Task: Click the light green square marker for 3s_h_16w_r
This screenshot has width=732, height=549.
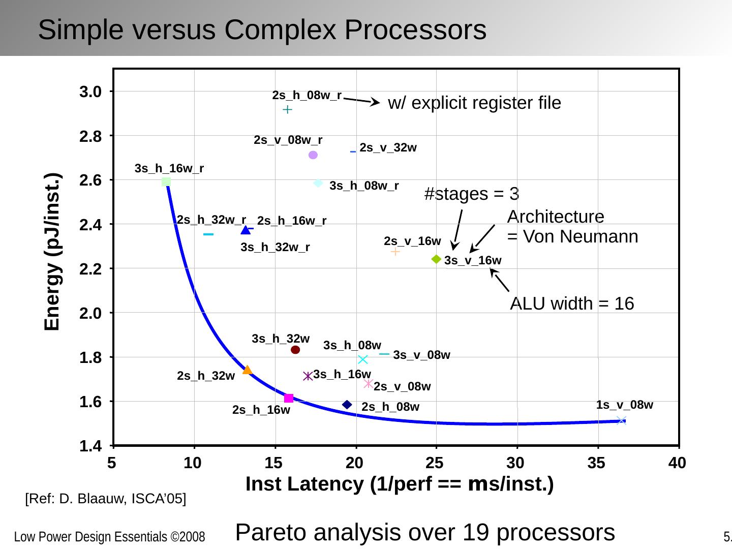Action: point(166,181)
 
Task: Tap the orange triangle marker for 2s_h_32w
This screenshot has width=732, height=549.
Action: point(247,370)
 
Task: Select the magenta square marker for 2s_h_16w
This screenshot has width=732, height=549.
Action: point(289,398)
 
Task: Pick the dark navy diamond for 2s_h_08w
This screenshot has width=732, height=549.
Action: point(347,405)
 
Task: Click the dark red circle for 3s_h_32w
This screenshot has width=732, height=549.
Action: point(295,350)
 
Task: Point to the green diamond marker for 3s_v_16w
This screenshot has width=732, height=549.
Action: point(436,259)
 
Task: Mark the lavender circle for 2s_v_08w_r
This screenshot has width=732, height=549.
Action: point(313,155)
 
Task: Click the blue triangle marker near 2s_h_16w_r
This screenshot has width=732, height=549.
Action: point(246,230)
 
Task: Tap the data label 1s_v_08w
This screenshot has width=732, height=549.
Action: point(624,405)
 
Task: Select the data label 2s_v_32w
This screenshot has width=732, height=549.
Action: point(388,148)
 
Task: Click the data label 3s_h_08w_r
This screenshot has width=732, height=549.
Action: point(364,186)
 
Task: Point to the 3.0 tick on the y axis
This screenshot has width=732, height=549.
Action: point(90,92)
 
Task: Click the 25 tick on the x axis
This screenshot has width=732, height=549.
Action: point(435,463)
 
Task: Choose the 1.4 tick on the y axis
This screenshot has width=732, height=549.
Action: point(90,446)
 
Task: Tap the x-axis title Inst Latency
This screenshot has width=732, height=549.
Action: point(399,484)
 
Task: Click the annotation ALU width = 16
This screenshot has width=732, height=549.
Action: point(572,303)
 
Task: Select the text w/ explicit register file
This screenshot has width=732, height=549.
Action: point(474,103)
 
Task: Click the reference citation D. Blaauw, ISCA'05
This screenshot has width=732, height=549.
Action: point(106,499)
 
